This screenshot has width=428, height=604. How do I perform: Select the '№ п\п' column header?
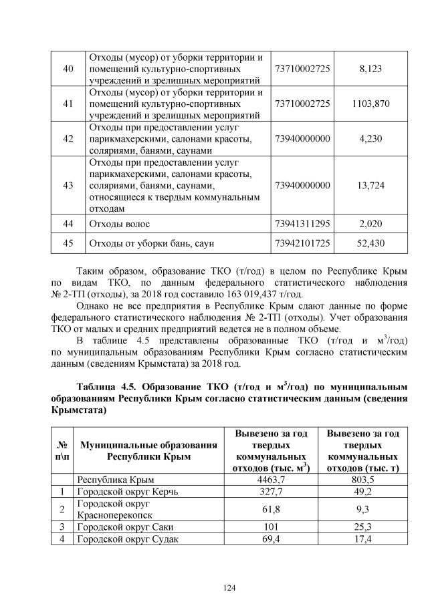click(62, 451)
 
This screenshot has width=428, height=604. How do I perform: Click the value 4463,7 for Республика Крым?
click(271, 480)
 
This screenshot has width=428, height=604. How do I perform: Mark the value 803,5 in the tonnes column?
click(363, 480)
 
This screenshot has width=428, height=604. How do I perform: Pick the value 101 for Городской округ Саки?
click(271, 526)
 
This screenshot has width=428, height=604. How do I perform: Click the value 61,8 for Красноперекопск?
click(271, 509)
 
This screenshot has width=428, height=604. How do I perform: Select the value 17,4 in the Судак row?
click(363, 539)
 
